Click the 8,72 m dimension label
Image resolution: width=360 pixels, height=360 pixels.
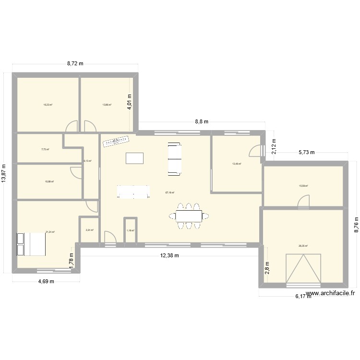(x=75, y=63)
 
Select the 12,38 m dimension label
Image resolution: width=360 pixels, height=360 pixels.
(x=170, y=255)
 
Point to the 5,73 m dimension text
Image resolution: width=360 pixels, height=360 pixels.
(x=306, y=153)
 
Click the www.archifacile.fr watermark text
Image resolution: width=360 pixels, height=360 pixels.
(x=331, y=293)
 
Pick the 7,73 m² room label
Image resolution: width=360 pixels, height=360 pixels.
(x=45, y=149)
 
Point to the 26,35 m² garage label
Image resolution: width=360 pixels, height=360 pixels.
(x=303, y=246)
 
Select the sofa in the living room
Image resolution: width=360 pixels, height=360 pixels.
(x=174, y=158)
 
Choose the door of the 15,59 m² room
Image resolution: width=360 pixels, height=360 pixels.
(x=303, y=203)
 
